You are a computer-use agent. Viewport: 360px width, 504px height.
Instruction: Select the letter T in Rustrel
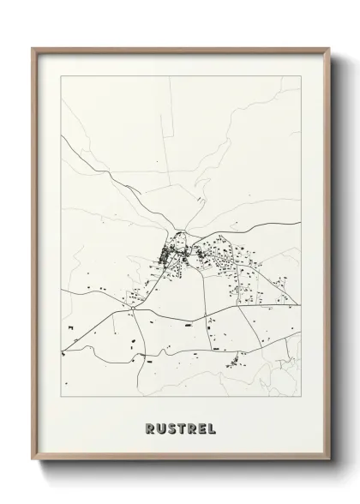(x=181, y=427)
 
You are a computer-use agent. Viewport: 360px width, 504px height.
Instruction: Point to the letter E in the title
(x=201, y=427)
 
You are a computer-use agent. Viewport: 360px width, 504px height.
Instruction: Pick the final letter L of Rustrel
(x=211, y=427)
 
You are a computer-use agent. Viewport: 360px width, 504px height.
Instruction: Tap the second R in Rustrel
(x=191, y=427)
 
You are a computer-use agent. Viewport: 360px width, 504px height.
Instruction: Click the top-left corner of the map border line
(x=62, y=76)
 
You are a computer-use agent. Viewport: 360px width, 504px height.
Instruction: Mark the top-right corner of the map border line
(x=301, y=76)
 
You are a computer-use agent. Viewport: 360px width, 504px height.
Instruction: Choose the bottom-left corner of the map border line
(x=62, y=396)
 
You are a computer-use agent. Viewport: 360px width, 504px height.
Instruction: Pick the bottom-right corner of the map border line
(x=301, y=396)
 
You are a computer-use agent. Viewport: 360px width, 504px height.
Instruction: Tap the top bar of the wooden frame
(x=181, y=50)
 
